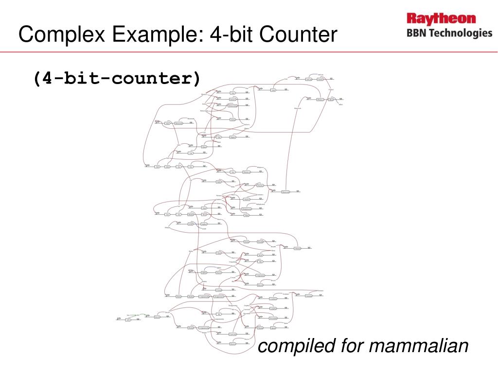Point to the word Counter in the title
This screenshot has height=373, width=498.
pos(298,34)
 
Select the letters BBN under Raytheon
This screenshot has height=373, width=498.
pos(417,33)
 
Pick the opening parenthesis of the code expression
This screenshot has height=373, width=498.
pos(36,78)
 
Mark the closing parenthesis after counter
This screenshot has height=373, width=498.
pos(196,78)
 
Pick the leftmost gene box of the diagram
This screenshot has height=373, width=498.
pos(128,320)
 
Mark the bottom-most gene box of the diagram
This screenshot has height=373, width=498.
pos(233,343)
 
